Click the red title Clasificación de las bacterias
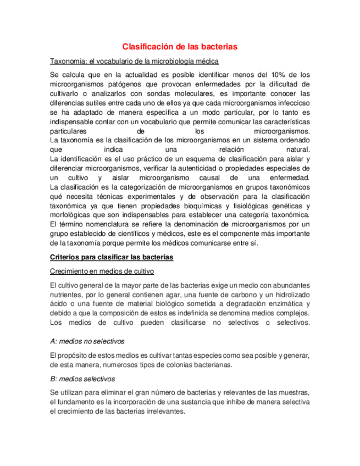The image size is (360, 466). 179,47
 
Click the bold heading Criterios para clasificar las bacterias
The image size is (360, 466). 112,257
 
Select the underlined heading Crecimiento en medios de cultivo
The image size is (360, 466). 102,271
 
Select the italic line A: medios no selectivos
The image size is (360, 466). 87,341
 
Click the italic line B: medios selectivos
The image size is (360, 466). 82,379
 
